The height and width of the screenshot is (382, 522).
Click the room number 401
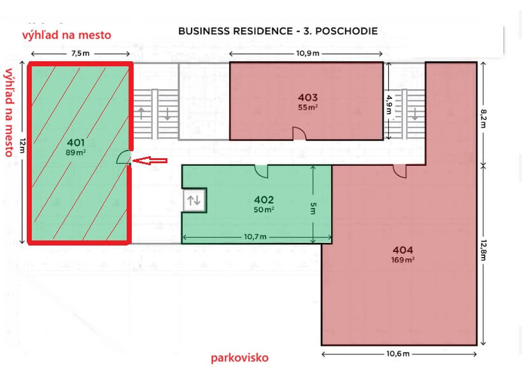(76, 142)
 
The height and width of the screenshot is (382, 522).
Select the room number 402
(264, 200)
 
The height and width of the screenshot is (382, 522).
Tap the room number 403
(307, 98)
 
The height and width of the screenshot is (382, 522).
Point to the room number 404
(403, 250)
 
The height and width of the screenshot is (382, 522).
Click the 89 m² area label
(76, 152)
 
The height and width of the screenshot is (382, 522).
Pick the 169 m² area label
(403, 260)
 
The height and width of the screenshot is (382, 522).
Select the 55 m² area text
(307, 107)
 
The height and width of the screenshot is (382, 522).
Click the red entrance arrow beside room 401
(150, 161)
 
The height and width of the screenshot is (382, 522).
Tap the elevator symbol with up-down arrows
(194, 200)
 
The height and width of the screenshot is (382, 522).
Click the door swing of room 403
(299, 133)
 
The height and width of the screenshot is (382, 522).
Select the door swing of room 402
(262, 171)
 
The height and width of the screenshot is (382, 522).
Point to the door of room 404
(400, 172)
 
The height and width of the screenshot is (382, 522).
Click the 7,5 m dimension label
(80, 54)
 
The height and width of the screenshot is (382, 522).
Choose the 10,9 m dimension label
(307, 54)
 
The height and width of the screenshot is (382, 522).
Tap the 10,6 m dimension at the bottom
(398, 354)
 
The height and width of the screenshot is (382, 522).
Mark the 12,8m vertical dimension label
(483, 250)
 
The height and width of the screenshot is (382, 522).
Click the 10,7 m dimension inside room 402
(255, 237)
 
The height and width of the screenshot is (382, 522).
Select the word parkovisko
(240, 358)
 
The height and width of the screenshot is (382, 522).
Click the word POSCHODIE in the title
(346, 31)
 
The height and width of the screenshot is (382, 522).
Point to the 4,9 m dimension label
(389, 105)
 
